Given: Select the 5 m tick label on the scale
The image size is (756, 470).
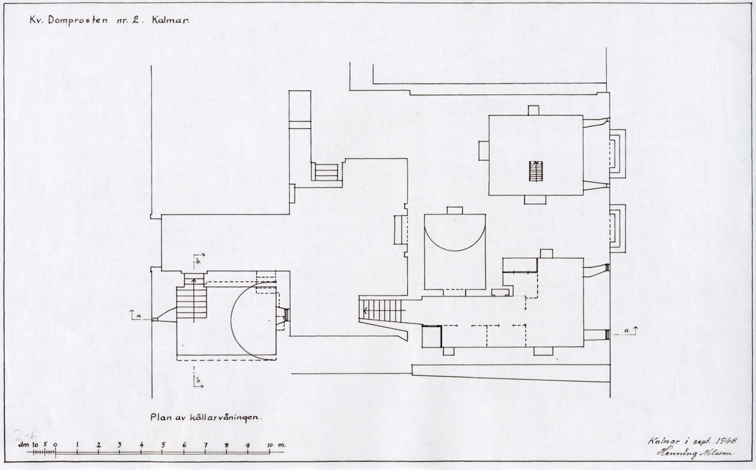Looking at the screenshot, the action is coord(163,444).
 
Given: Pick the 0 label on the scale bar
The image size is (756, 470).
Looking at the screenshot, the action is coord(56,444).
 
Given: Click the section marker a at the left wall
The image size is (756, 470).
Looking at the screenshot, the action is coord(136,315).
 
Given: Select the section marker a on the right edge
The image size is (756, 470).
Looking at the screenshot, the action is coord(630,330).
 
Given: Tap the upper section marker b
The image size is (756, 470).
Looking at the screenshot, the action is coord(198,261).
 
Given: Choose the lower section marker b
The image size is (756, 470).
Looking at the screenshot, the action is coord(198,380).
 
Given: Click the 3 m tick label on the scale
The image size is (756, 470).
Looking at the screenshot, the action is coord(120,444).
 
